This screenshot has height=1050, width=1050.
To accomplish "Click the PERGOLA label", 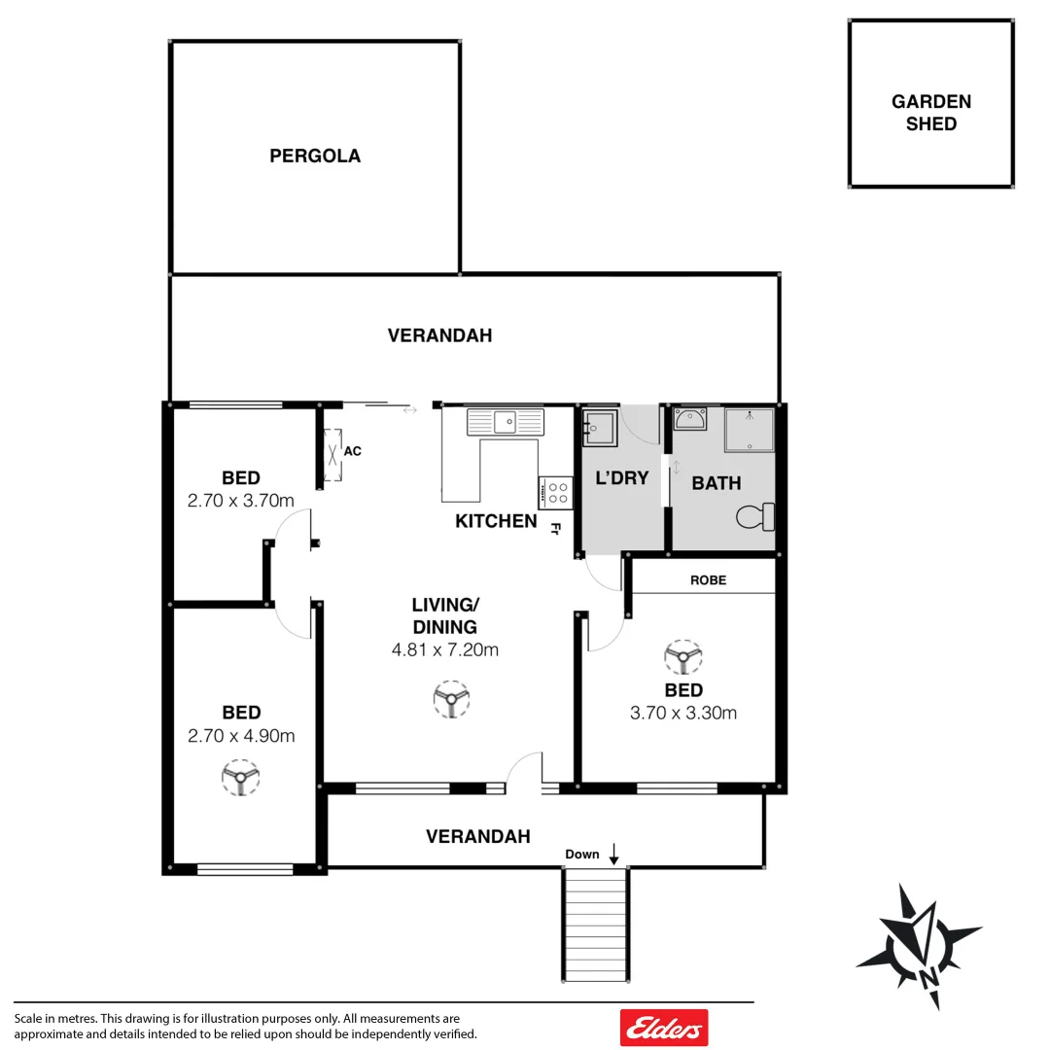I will (315, 156).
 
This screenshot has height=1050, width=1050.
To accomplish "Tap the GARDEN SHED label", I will (930, 113).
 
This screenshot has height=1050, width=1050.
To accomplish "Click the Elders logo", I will (664, 1028).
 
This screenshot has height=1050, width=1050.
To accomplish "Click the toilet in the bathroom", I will (756, 517).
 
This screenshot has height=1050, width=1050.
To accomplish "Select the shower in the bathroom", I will (749, 431).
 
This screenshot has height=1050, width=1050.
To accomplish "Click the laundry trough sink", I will (599, 427).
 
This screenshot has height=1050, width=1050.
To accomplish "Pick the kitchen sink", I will (506, 422).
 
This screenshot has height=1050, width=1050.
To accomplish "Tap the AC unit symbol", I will (333, 454).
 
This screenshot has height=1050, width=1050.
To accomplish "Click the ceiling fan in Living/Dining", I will (450, 699).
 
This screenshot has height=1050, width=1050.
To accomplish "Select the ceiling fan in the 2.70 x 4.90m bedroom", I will (240, 778).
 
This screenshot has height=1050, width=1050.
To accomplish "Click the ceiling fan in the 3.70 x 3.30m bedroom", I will (683, 657).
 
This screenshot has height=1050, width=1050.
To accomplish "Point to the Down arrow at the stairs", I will (614, 855).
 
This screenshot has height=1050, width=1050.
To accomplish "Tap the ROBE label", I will (708, 580).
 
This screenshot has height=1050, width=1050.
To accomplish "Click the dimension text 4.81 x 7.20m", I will (445, 650).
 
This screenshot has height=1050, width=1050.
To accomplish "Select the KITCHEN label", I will (496, 521).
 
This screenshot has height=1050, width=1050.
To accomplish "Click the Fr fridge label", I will (556, 530).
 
